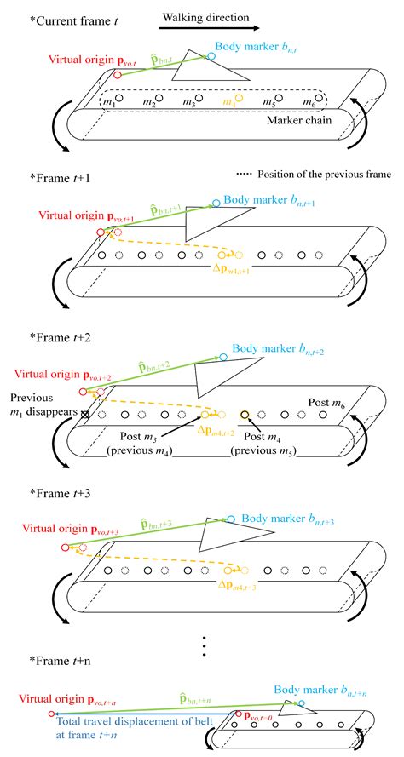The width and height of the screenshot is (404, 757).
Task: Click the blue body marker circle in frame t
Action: click(x=211, y=54)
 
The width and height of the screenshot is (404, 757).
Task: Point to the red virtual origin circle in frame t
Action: click(x=116, y=74)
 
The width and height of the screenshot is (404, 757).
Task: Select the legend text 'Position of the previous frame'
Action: click(x=314, y=175)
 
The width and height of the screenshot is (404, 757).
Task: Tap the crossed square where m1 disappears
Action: click(x=84, y=415)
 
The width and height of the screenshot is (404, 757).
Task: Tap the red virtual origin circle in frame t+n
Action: click(x=52, y=714)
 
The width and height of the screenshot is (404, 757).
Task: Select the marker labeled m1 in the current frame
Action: click(x=119, y=99)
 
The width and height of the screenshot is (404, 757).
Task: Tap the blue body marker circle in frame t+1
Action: click(x=216, y=203)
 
